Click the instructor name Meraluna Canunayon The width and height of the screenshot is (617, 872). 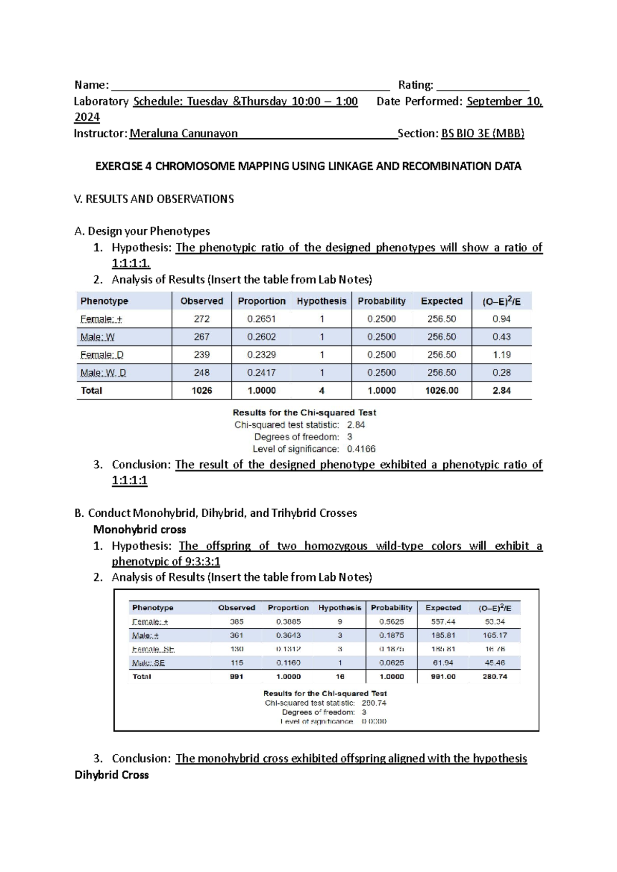tap(184, 134)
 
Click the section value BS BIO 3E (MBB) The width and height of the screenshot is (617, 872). tap(482, 134)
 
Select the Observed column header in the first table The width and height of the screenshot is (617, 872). tap(202, 301)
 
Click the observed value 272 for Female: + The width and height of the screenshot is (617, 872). tap(202, 319)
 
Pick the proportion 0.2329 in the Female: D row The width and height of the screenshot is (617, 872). tap(261, 355)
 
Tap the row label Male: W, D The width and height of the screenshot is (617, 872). tap(103, 373)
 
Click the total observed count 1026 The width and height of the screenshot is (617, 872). tap(202, 391)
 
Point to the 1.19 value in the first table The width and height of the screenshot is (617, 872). tap(501, 355)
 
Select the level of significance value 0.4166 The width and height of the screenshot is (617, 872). tap(361, 449)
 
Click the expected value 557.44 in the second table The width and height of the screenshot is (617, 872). tap(443, 622)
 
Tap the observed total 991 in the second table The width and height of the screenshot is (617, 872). tap(237, 677)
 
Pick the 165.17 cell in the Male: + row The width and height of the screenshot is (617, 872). tap(495, 635)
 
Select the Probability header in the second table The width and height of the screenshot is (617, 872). tap(391, 608)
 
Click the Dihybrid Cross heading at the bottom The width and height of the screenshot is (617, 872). tap(112, 775)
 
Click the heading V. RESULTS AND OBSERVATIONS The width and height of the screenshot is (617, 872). tap(154, 199)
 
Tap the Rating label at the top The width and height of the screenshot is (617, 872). tap(415, 85)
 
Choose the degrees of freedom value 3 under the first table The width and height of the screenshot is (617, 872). tap(350, 437)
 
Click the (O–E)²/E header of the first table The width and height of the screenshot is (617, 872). tap(501, 301)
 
